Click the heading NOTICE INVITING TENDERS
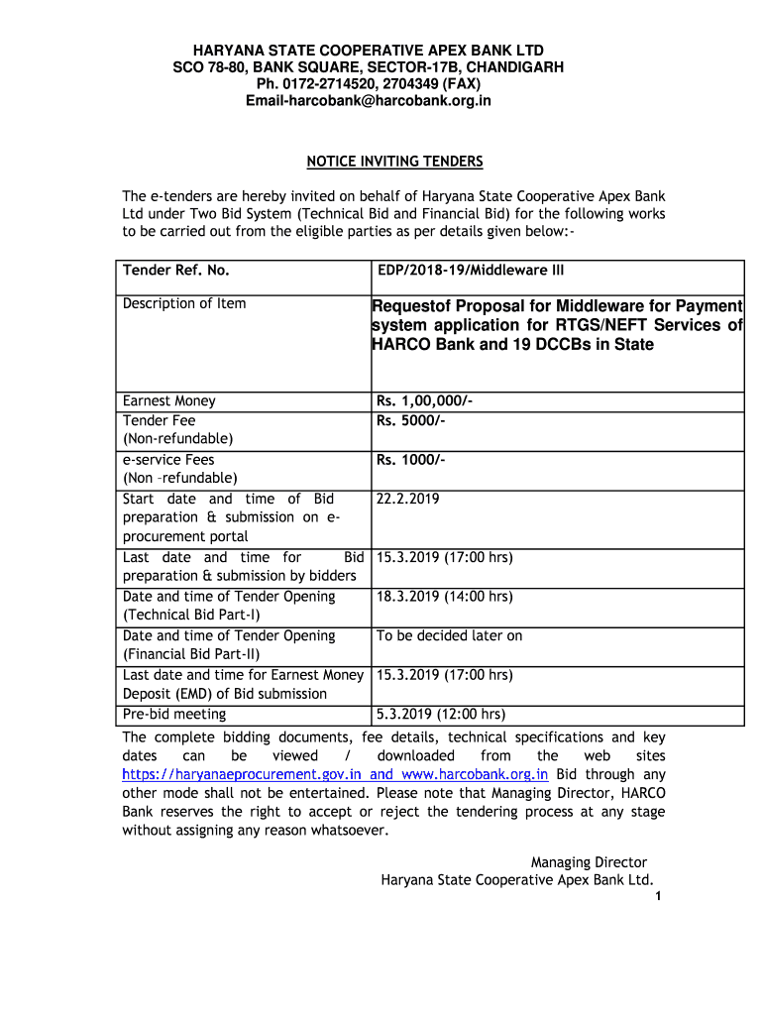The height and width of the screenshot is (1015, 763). [394, 162]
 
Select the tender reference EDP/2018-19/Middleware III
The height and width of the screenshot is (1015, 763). [471, 270]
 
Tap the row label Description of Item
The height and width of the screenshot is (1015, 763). [184, 303]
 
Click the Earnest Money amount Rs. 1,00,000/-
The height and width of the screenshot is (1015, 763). [424, 401]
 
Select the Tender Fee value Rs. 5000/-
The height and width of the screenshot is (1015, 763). [410, 420]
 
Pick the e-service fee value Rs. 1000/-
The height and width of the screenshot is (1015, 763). [410, 460]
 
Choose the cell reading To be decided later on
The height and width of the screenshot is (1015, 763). [449, 635]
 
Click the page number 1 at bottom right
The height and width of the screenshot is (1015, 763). [658, 897]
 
